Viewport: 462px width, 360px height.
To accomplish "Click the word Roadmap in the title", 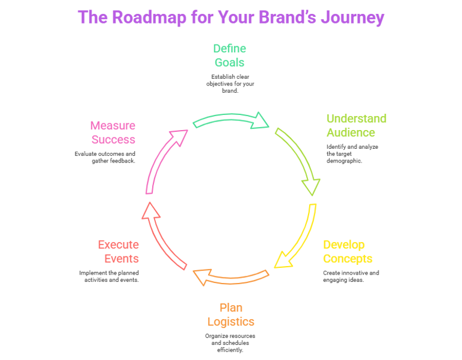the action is [x=149, y=17].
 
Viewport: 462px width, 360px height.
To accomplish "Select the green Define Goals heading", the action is [x=230, y=55].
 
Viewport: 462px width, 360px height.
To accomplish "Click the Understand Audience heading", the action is [x=357, y=126].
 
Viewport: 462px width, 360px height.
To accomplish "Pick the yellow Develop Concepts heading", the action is [x=348, y=252].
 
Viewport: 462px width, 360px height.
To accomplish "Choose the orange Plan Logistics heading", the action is [x=231, y=315].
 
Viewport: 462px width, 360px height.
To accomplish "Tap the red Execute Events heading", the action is [x=119, y=252].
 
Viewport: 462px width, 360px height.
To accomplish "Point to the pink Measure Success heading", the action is [x=113, y=132].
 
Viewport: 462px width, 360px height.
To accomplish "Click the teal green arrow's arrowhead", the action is [x=260, y=121].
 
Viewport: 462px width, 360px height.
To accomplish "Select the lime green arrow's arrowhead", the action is [x=311, y=187].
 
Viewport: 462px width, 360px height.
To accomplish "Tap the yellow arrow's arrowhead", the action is [x=282, y=260].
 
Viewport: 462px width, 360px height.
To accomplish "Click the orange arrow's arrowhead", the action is [x=203, y=276].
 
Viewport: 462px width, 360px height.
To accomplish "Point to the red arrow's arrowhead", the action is [x=150, y=211].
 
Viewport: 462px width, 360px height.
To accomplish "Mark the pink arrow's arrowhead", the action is [x=179, y=137].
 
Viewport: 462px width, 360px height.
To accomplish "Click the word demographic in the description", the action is [x=344, y=161].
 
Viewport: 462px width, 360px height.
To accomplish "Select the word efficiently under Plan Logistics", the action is [x=230, y=350].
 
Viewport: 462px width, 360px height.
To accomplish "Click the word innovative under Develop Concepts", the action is [x=352, y=273].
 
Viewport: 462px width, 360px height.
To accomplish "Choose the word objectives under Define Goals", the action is [x=219, y=84].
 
